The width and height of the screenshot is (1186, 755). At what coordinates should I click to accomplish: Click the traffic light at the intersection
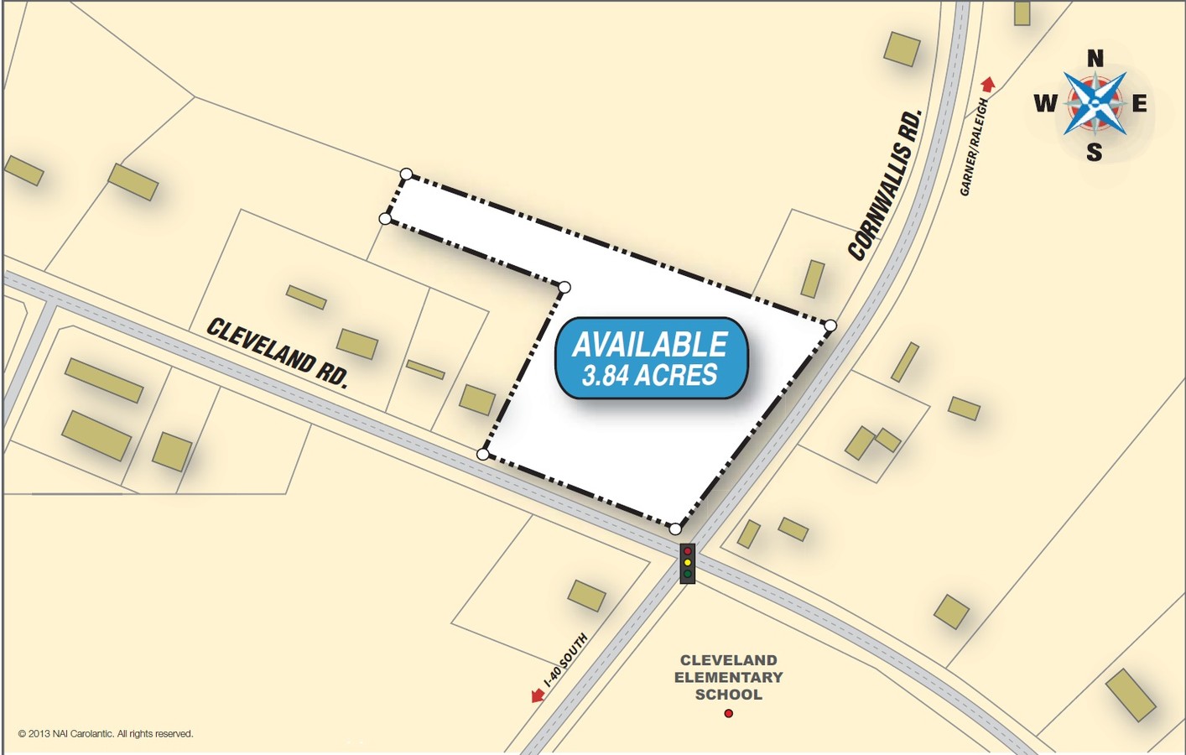tap(687, 563)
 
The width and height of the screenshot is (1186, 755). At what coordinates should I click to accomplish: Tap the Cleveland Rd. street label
tap(277, 352)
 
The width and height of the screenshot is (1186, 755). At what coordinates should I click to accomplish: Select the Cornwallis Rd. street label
tap(886, 185)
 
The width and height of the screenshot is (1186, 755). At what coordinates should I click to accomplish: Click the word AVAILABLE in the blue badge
tap(650, 345)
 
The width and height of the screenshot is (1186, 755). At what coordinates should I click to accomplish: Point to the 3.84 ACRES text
tap(650, 375)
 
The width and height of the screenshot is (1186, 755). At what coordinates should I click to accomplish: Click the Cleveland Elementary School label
tap(728, 677)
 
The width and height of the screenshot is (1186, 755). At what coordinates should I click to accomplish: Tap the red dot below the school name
tap(728, 713)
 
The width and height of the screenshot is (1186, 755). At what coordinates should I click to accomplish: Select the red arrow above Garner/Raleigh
tap(988, 83)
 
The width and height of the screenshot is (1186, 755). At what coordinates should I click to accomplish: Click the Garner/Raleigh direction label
tap(973, 147)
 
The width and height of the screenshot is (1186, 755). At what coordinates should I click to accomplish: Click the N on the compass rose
tap(1095, 59)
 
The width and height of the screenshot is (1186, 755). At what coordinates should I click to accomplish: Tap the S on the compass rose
tap(1094, 152)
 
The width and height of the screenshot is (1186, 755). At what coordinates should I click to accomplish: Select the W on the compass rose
tap(1045, 103)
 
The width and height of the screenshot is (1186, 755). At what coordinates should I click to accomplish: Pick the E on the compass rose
tap(1139, 103)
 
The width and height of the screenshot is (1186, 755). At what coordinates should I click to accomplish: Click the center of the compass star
tap(1095, 103)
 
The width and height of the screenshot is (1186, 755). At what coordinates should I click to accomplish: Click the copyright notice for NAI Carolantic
tap(106, 734)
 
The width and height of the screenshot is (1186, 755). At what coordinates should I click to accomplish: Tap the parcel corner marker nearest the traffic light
tap(675, 529)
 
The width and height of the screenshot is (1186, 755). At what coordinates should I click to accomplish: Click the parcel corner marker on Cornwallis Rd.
tap(830, 325)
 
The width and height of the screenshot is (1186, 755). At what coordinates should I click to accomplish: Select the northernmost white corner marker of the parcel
tap(406, 174)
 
